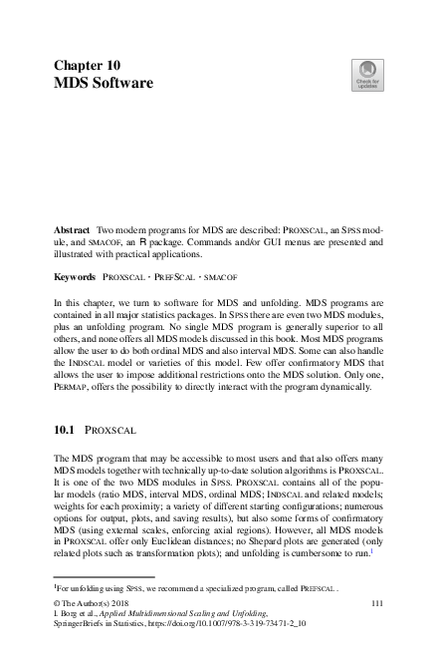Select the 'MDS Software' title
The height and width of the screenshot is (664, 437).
tap(103, 82)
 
